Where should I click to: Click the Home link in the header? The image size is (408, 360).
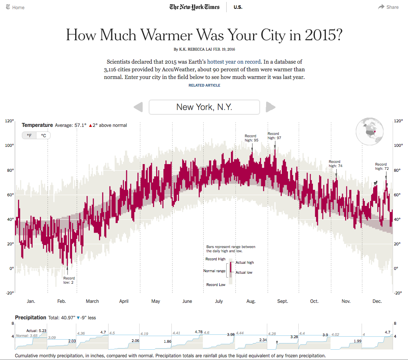point(15,7)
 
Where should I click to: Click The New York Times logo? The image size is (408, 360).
point(195,7)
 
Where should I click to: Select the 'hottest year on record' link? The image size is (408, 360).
point(234,61)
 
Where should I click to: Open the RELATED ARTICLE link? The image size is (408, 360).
point(204,85)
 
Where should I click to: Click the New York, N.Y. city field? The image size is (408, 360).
point(204,107)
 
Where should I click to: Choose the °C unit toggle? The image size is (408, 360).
point(43,135)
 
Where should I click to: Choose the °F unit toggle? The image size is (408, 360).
point(29,135)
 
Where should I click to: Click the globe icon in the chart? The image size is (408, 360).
point(370,132)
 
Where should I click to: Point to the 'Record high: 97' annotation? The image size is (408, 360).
point(274,136)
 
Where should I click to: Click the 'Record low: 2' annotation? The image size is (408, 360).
point(69,280)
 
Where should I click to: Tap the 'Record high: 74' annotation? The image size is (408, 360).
point(335,164)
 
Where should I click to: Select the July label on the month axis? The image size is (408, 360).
point(219,301)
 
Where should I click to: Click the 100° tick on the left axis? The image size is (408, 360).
point(9,145)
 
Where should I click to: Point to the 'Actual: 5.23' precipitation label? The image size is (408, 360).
point(36,330)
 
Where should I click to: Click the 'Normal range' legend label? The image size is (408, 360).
point(214,271)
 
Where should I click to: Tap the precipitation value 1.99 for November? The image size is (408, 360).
point(357,341)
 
